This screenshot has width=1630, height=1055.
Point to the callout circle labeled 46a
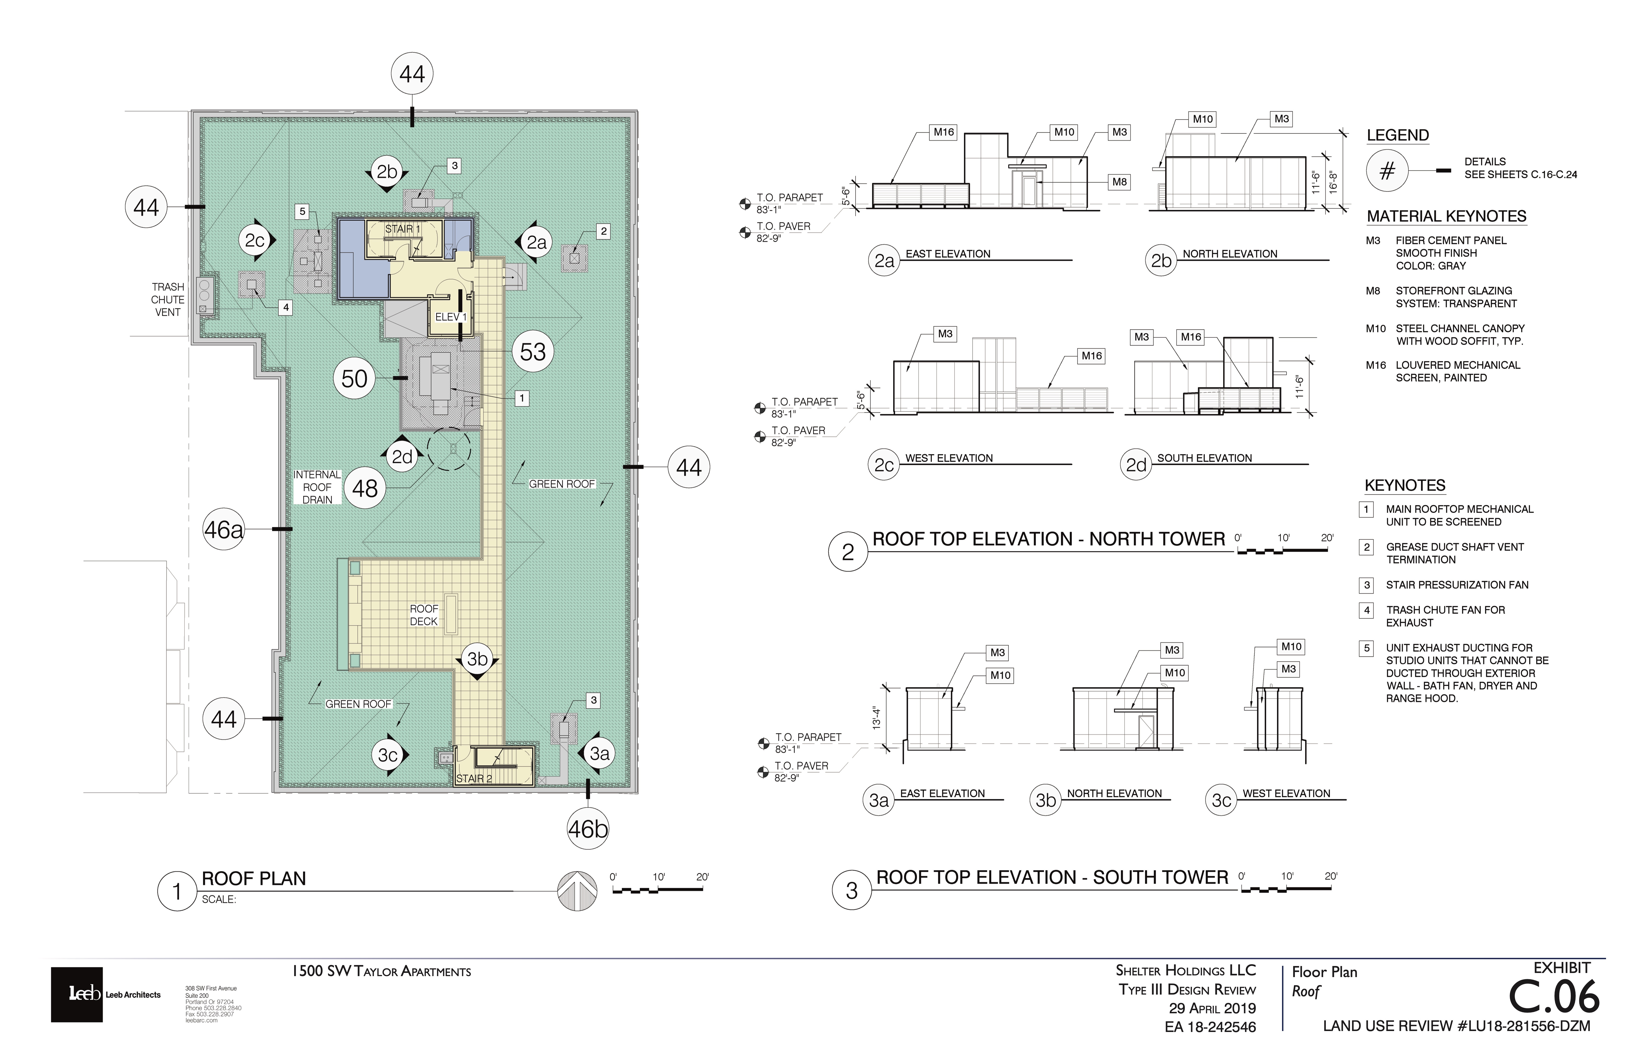click(224, 530)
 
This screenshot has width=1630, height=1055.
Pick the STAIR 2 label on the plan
click(474, 779)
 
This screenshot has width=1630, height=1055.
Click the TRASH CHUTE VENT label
click(168, 299)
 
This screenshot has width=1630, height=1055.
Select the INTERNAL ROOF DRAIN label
click(317, 487)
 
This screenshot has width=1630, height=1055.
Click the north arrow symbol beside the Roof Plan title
click(577, 891)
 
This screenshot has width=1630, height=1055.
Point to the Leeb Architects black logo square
click(77, 995)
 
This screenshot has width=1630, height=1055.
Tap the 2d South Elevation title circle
click(1136, 465)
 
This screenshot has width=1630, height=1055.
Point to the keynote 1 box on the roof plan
click(522, 398)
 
